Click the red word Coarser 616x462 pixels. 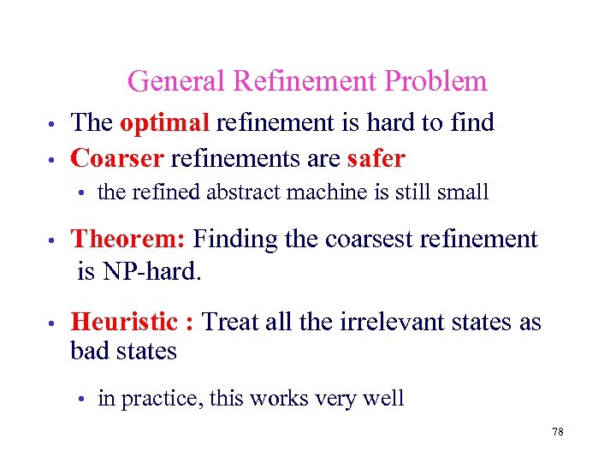point(117,158)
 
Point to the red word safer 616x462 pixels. point(376,158)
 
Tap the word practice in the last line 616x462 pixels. point(161,398)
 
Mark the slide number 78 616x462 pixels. point(558,432)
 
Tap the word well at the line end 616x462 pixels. point(383,398)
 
